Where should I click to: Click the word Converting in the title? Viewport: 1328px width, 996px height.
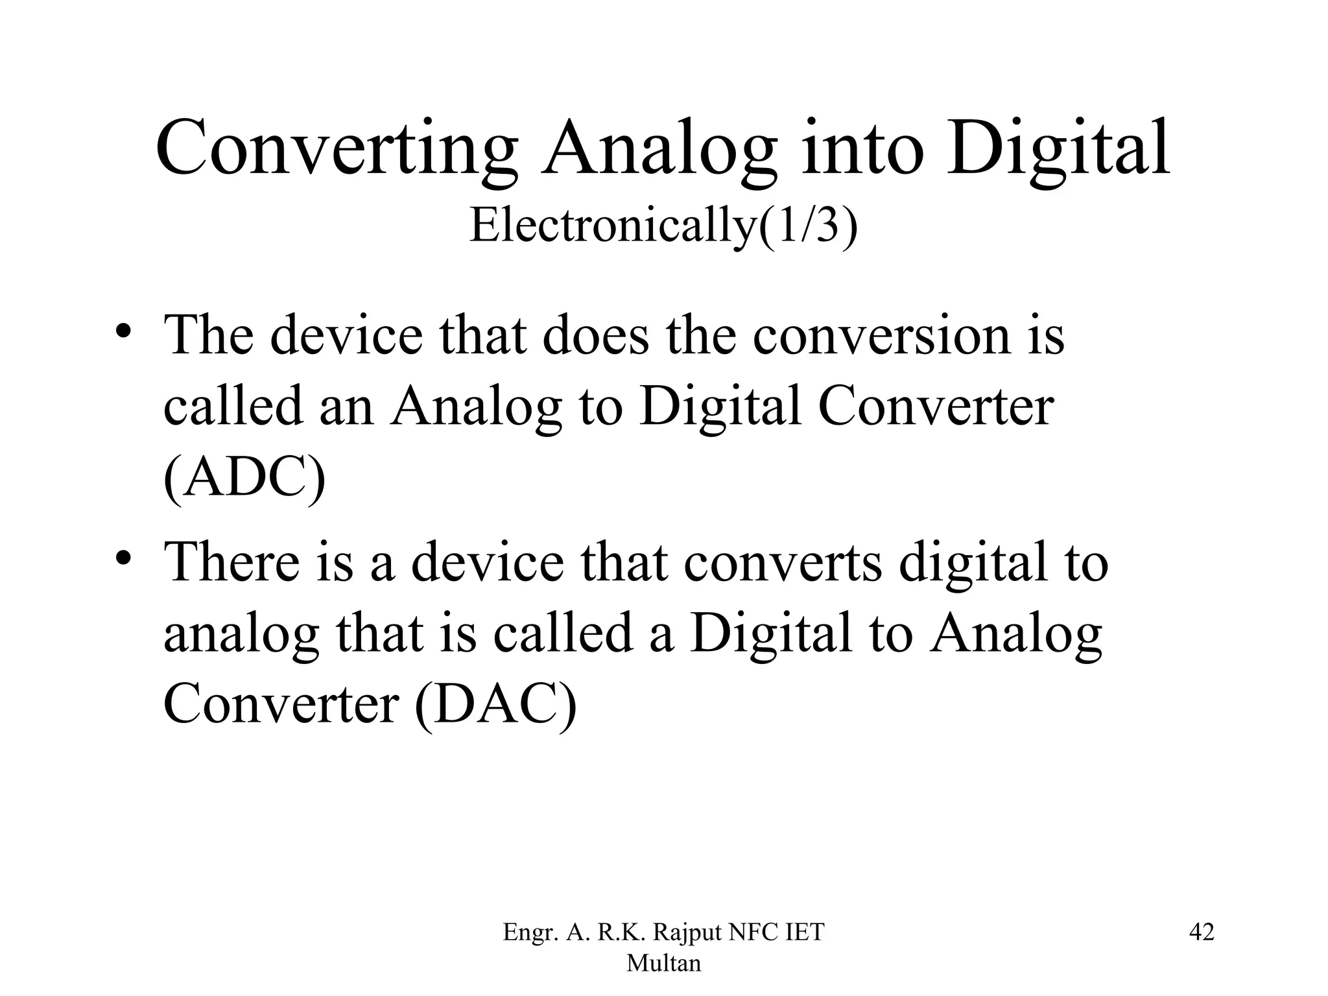point(337,149)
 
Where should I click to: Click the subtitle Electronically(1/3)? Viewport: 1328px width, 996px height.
point(663,225)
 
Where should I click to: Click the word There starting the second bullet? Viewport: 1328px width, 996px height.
point(231,561)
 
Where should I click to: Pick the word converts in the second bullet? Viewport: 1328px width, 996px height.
point(783,562)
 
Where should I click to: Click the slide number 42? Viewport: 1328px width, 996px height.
point(1202,932)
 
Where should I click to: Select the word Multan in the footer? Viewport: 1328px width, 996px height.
point(663,963)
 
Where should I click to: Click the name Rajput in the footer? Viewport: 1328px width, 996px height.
point(687,932)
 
